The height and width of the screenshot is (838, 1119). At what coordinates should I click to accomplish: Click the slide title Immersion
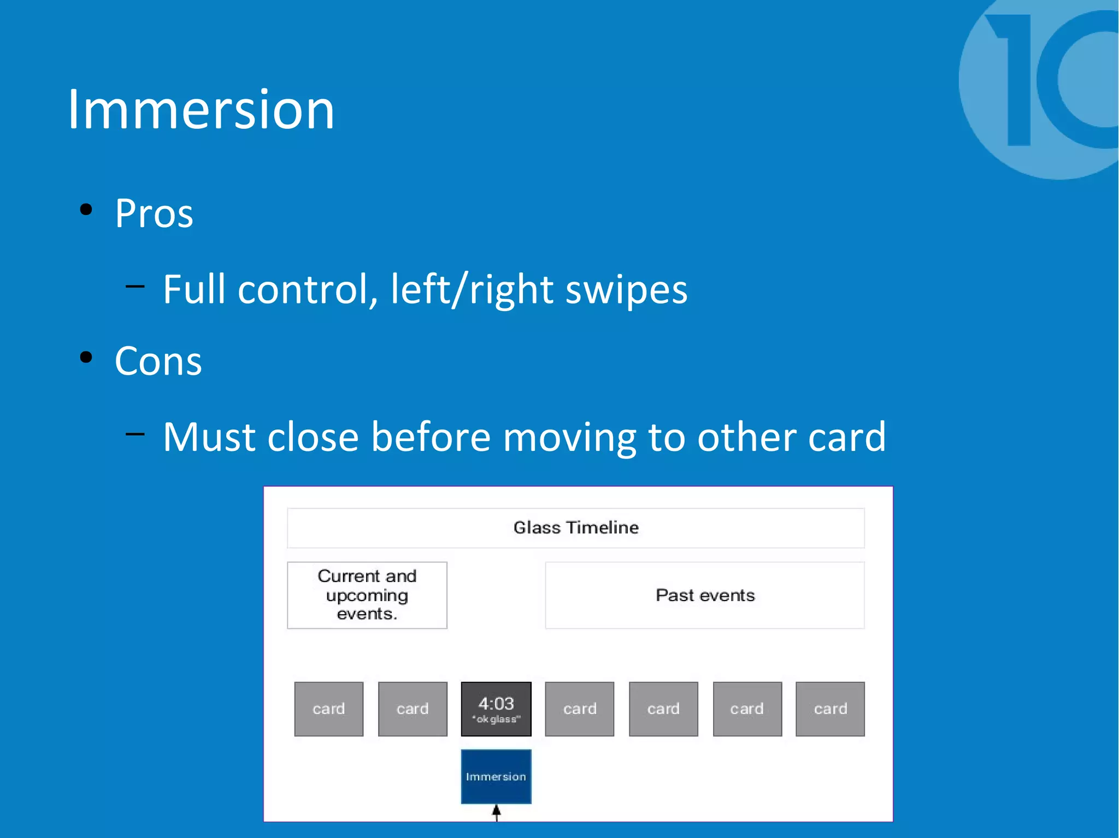click(201, 110)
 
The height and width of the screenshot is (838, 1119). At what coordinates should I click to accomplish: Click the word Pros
click(154, 213)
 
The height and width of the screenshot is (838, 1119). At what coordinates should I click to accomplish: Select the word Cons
click(158, 361)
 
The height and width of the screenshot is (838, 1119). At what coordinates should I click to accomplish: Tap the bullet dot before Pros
click(86, 210)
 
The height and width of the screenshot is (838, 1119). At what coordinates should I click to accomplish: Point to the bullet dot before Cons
click(86, 358)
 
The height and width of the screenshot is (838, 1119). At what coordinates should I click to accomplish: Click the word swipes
click(626, 289)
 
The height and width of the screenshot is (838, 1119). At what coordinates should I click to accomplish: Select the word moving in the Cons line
click(569, 437)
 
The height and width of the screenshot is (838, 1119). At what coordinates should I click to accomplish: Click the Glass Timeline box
click(575, 528)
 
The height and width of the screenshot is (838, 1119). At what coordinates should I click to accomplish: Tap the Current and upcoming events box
click(367, 595)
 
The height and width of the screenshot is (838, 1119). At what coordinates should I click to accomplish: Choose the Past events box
click(705, 595)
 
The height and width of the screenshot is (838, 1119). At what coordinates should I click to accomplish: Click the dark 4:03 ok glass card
click(496, 709)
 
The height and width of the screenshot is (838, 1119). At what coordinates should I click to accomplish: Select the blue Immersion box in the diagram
click(496, 776)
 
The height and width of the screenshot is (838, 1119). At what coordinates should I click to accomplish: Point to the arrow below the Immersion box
click(496, 812)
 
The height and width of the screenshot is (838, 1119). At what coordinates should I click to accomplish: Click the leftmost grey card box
click(329, 709)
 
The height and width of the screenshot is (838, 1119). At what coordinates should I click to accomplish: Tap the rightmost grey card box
click(830, 709)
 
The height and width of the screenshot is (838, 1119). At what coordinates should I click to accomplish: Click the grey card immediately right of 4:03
click(580, 709)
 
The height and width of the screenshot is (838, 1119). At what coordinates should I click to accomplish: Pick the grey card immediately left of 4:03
click(413, 709)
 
